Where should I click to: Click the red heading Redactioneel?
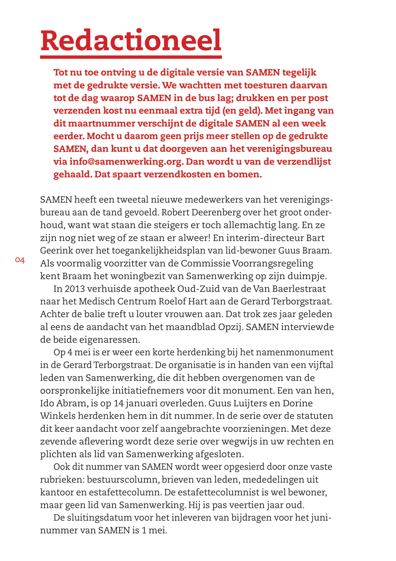pyautogui.click(x=131, y=40)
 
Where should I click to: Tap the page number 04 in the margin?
pyautogui.click(x=20, y=260)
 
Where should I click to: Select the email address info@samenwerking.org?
pyautogui.click(x=126, y=161)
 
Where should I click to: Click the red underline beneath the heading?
pyautogui.click(x=131, y=57)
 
